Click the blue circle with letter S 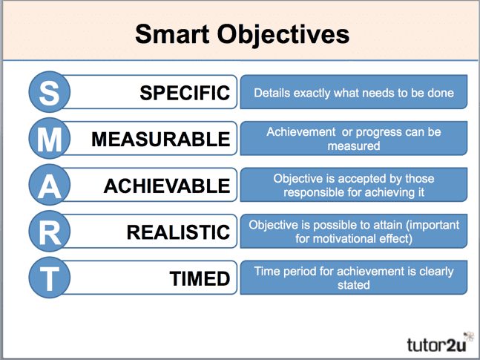click(50, 92)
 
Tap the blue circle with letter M click(50, 138)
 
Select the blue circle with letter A click(50, 185)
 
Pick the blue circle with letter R click(50, 231)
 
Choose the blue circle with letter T click(50, 278)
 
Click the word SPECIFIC click(185, 93)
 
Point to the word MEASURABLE click(161, 139)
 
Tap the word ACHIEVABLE click(167, 186)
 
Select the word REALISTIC click(178, 232)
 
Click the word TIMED click(200, 278)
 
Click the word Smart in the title click(172, 34)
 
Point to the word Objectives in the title click(283, 35)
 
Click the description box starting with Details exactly click(354, 92)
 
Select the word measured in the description click(354, 145)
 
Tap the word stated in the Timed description click(354, 285)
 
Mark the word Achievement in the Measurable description click(301, 132)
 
